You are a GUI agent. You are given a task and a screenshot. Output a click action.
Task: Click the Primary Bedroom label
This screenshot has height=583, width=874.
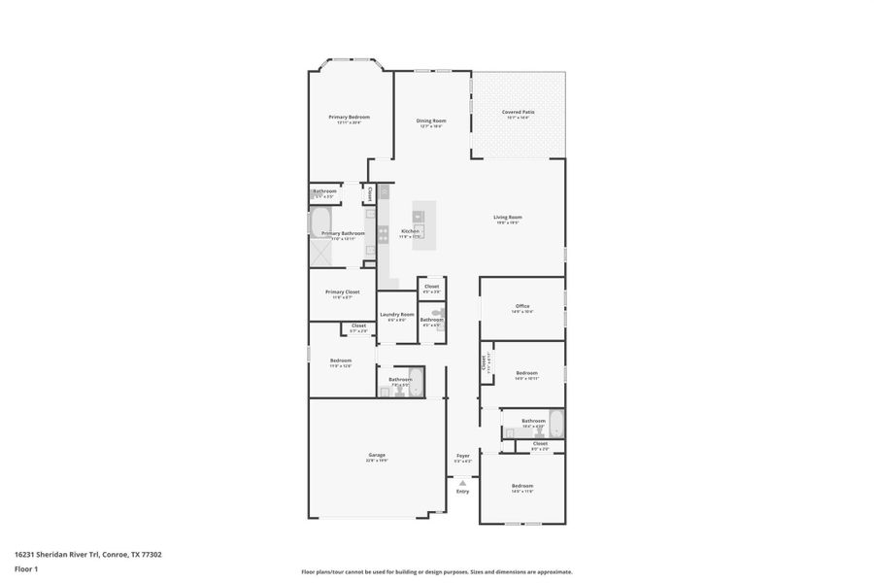349,117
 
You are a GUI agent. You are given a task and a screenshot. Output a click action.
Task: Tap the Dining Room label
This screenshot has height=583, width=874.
431,120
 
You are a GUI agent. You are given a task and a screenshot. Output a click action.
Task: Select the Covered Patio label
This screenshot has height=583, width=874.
518,112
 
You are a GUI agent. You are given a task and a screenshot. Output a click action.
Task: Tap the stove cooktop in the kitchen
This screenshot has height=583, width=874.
384,233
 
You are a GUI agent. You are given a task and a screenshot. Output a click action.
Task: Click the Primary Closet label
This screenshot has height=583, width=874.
342,291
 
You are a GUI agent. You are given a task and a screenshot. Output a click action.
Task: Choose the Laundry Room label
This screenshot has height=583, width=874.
396,314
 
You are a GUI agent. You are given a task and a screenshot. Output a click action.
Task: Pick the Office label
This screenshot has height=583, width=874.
522,306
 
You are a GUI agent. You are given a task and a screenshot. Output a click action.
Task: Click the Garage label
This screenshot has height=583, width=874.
377,455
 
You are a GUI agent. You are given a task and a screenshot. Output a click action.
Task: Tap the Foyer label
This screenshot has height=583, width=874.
463,455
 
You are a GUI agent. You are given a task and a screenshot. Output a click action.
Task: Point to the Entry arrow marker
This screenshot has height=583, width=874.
462,482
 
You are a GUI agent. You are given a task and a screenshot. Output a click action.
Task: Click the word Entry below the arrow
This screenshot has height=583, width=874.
462,491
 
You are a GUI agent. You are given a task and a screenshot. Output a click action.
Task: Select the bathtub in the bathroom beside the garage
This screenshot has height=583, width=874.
416,382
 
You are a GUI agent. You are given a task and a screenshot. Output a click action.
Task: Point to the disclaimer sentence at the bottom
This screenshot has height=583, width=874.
437,571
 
